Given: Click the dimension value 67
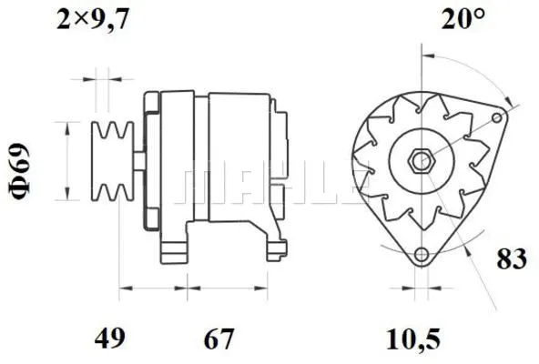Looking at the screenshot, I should (x=218, y=340).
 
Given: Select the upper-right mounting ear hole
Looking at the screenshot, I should (x=496, y=116).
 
